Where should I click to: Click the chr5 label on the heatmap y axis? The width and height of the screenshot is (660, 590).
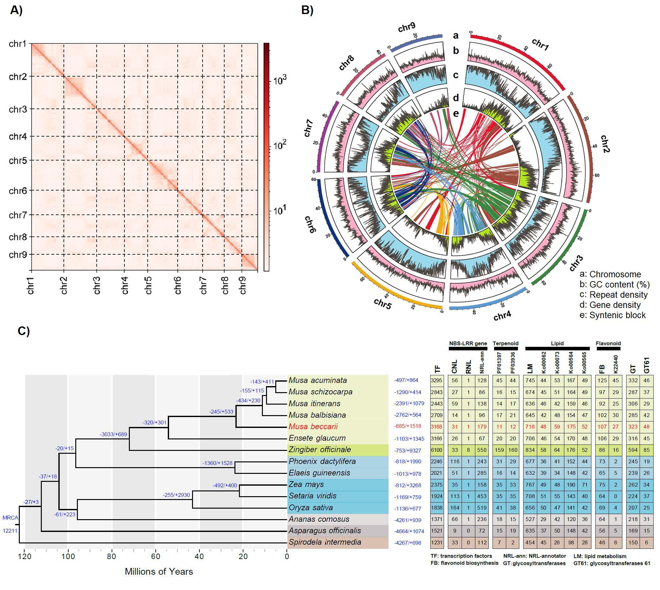click(18, 161)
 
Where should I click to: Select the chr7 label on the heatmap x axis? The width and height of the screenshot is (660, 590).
click(204, 286)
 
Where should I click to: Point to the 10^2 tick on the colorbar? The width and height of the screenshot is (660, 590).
click(280, 145)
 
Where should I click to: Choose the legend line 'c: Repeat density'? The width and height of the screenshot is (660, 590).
click(613, 295)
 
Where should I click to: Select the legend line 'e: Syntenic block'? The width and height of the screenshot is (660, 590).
click(612, 315)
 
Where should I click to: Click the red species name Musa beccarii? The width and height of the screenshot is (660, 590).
click(313, 427)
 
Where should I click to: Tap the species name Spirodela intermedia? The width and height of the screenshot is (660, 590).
click(325, 542)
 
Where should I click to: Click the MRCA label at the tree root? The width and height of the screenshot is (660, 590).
click(11, 518)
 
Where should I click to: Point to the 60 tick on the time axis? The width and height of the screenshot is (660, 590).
click(156, 556)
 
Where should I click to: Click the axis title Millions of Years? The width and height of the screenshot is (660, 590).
click(159, 572)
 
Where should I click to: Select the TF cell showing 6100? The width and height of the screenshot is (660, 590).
click(436, 450)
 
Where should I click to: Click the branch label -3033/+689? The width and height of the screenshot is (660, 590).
click(113, 434)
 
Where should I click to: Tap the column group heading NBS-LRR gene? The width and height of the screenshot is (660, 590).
click(468, 343)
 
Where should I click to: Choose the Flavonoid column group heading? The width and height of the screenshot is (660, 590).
click(608, 343)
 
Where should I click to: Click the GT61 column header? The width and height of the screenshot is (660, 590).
click(646, 365)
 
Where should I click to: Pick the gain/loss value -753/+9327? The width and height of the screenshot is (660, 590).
click(408, 450)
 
